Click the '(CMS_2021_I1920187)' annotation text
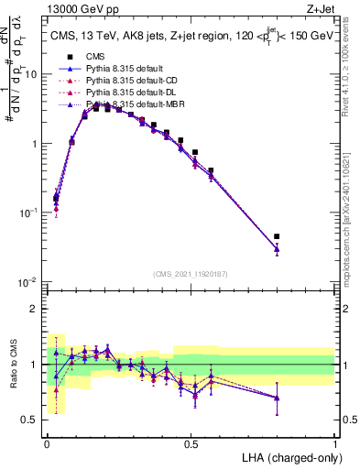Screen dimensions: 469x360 point(190,273)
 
